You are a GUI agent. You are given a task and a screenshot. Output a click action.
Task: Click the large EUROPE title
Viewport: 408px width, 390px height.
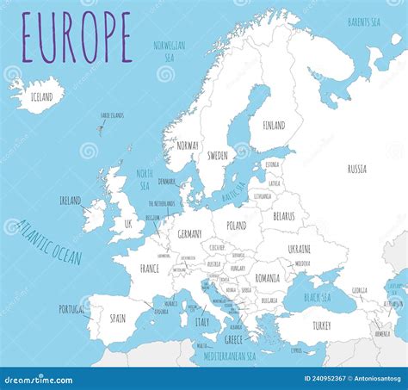click(x=77, y=38)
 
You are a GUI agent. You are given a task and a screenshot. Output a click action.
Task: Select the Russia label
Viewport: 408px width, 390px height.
click(x=356, y=169)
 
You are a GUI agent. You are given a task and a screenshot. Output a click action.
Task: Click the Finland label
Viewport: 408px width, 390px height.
click(x=274, y=125)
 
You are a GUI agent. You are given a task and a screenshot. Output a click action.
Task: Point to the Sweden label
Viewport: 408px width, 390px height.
click(x=218, y=156)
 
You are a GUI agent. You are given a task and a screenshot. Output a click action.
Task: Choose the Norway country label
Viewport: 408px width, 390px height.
click(x=187, y=145)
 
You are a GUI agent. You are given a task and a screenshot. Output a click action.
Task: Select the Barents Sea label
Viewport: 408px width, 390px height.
click(x=365, y=21)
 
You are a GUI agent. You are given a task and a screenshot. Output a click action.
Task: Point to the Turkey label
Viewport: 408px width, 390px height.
click(x=321, y=325)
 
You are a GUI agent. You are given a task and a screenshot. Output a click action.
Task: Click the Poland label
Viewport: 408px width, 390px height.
click(x=236, y=225)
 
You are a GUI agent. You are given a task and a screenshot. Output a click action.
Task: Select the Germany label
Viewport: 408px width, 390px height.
click(x=189, y=234)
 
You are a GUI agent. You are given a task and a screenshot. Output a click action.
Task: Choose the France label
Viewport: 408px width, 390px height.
click(x=150, y=269)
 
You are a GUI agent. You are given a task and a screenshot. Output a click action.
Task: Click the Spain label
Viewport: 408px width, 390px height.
click(x=118, y=319)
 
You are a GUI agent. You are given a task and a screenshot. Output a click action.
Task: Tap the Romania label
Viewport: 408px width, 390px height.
click(x=267, y=278)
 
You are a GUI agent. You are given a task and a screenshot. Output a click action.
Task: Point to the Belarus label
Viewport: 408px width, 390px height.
click(x=283, y=217)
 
